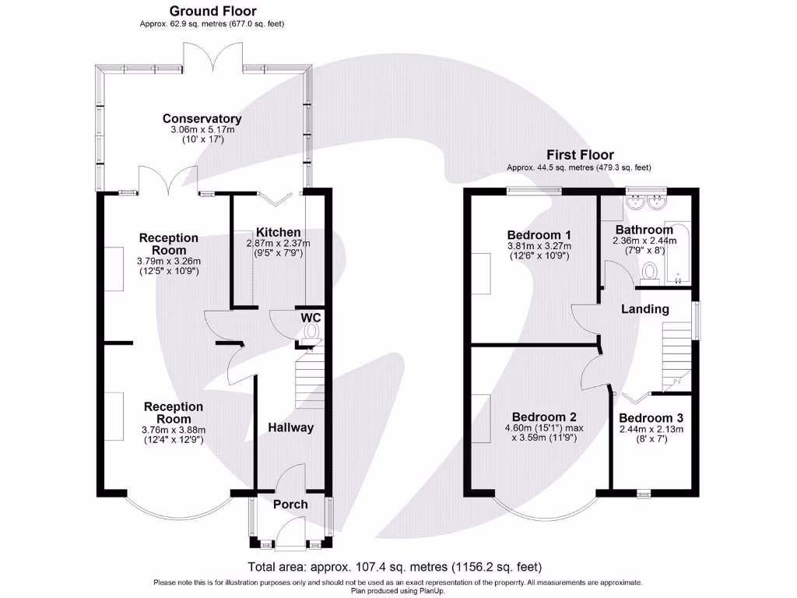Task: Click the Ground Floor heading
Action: (212, 11)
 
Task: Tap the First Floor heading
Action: (579, 155)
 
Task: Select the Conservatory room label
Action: (202, 118)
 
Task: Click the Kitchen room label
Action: (279, 232)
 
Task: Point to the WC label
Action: (311, 317)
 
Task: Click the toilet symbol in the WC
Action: (311, 333)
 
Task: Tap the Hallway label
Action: (291, 427)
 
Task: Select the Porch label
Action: (290, 504)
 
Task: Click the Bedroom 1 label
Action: (539, 234)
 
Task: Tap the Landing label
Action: (644, 309)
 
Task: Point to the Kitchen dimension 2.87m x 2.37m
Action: (279, 243)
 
